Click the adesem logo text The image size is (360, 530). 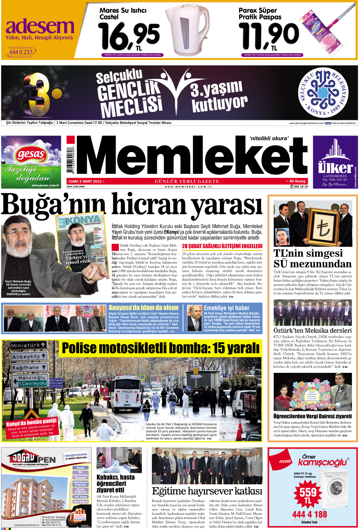40,27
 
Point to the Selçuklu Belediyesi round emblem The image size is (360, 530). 323,92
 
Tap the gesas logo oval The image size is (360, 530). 31,154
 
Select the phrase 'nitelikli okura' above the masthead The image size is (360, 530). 269,138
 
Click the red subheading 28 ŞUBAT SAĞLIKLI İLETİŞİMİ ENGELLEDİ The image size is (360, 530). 222,246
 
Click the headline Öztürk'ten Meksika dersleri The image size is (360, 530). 312,330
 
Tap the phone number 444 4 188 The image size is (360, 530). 309,514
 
